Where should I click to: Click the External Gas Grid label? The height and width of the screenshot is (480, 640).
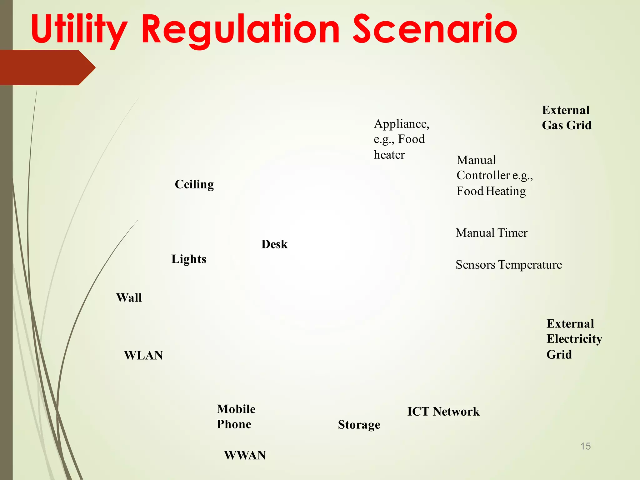click(566, 118)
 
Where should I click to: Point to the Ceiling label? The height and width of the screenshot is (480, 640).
click(194, 184)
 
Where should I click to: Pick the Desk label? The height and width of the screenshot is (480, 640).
click(274, 244)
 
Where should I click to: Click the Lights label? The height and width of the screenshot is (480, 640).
click(189, 259)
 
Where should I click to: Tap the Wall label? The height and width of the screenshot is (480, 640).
click(129, 297)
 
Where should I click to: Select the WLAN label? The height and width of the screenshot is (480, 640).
click(143, 355)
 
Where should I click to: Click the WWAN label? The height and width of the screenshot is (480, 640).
click(245, 455)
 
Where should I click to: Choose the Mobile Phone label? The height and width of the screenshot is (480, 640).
click(236, 417)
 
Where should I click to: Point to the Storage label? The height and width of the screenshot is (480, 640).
click(359, 425)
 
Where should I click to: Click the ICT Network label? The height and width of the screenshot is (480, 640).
click(443, 412)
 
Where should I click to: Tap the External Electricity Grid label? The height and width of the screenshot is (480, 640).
click(574, 339)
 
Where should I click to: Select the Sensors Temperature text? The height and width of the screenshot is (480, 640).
click(508, 265)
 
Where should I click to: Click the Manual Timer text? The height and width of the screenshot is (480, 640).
click(491, 233)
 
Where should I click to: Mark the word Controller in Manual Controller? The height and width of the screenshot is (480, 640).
click(483, 175)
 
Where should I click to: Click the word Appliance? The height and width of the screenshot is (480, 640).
click(401, 124)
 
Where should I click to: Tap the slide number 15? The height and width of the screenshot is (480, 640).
click(585, 446)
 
